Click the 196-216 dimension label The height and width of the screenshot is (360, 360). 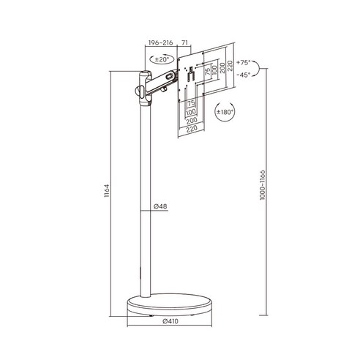tap(160, 42)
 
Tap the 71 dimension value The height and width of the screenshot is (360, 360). tap(185, 42)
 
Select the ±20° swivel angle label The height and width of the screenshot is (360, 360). tap(162, 59)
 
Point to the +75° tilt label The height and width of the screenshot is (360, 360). tap(244, 62)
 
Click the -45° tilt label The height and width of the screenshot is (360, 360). tap(244, 75)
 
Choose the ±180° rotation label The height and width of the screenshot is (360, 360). tap(225, 112)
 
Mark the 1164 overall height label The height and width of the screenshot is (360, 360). tap(107, 191)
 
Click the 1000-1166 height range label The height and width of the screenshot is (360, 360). tap(262, 185)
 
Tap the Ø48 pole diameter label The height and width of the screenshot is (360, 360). tap(160, 206)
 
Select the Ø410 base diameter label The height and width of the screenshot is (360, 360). tap(170, 321)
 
